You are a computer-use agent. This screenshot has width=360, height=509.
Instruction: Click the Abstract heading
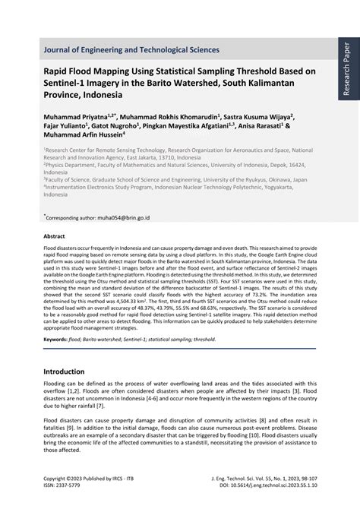(x=54, y=236)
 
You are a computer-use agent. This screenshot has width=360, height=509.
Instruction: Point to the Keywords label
(x=55, y=340)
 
